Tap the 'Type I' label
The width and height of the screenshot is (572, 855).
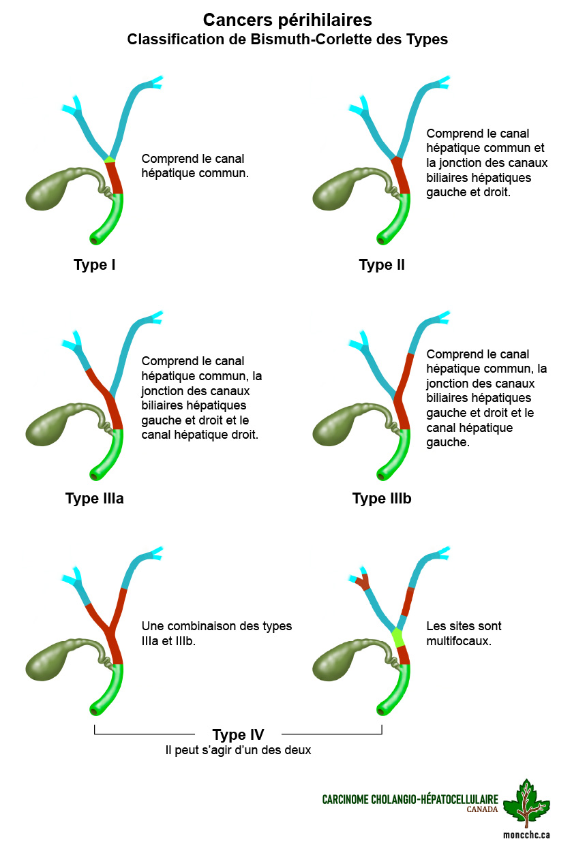click(x=94, y=264)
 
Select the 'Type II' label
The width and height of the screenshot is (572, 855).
click(x=382, y=264)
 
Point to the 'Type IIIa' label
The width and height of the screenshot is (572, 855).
click(x=94, y=498)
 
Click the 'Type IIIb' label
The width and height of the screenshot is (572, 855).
click(x=382, y=498)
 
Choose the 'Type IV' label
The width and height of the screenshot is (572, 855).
click(x=238, y=734)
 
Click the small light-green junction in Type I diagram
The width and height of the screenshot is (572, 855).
click(x=109, y=159)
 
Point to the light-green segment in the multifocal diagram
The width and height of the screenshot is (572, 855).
click(x=398, y=638)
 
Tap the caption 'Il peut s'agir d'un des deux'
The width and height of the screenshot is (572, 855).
click(x=238, y=750)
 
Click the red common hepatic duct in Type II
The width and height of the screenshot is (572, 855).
click(x=401, y=176)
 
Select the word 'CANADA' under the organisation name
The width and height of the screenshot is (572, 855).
click(x=482, y=809)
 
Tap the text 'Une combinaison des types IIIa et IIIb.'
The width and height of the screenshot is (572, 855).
click(x=216, y=633)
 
